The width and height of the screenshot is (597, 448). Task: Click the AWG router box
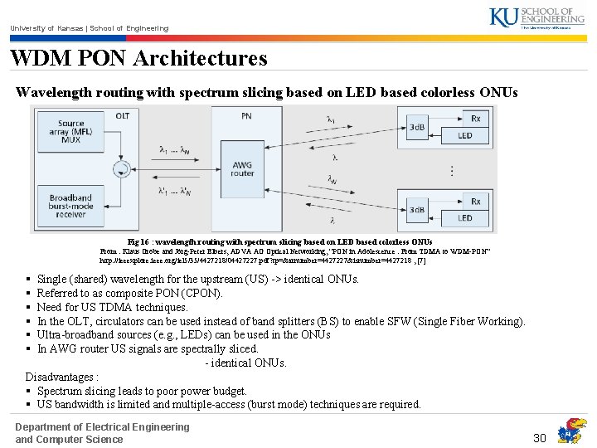pyautogui.click(x=242, y=168)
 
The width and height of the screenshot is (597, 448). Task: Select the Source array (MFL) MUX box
pyautogui.click(x=71, y=129)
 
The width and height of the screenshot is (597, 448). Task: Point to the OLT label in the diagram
pyautogui.click(x=122, y=115)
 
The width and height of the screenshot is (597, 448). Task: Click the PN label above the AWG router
pyautogui.click(x=245, y=117)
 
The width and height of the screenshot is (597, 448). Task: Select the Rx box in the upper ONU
pyautogui.click(x=475, y=118)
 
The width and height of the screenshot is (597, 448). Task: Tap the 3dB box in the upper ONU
pyautogui.click(x=417, y=127)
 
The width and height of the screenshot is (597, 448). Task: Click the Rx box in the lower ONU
pyautogui.click(x=475, y=201)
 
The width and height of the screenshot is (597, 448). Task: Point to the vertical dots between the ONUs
pyautogui.click(x=451, y=170)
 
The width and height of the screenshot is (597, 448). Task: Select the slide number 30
pyautogui.click(x=540, y=437)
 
